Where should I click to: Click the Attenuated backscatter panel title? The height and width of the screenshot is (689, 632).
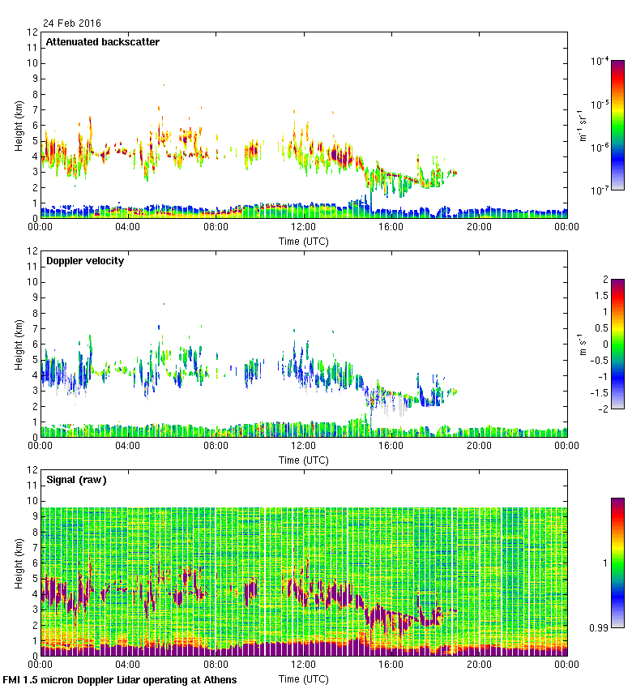(103, 42)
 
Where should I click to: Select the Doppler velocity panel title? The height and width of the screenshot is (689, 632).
(85, 261)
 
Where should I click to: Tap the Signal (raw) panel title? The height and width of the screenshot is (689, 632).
(76, 480)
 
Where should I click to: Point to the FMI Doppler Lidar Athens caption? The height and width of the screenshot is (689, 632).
(121, 679)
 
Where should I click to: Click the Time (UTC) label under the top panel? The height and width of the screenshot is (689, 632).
(304, 241)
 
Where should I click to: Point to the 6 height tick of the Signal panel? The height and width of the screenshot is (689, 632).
(35, 563)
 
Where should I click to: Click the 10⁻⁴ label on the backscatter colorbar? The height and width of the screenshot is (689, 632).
(600, 62)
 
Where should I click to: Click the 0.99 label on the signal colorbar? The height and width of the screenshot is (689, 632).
(600, 627)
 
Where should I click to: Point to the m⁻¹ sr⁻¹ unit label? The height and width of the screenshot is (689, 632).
(582, 125)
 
